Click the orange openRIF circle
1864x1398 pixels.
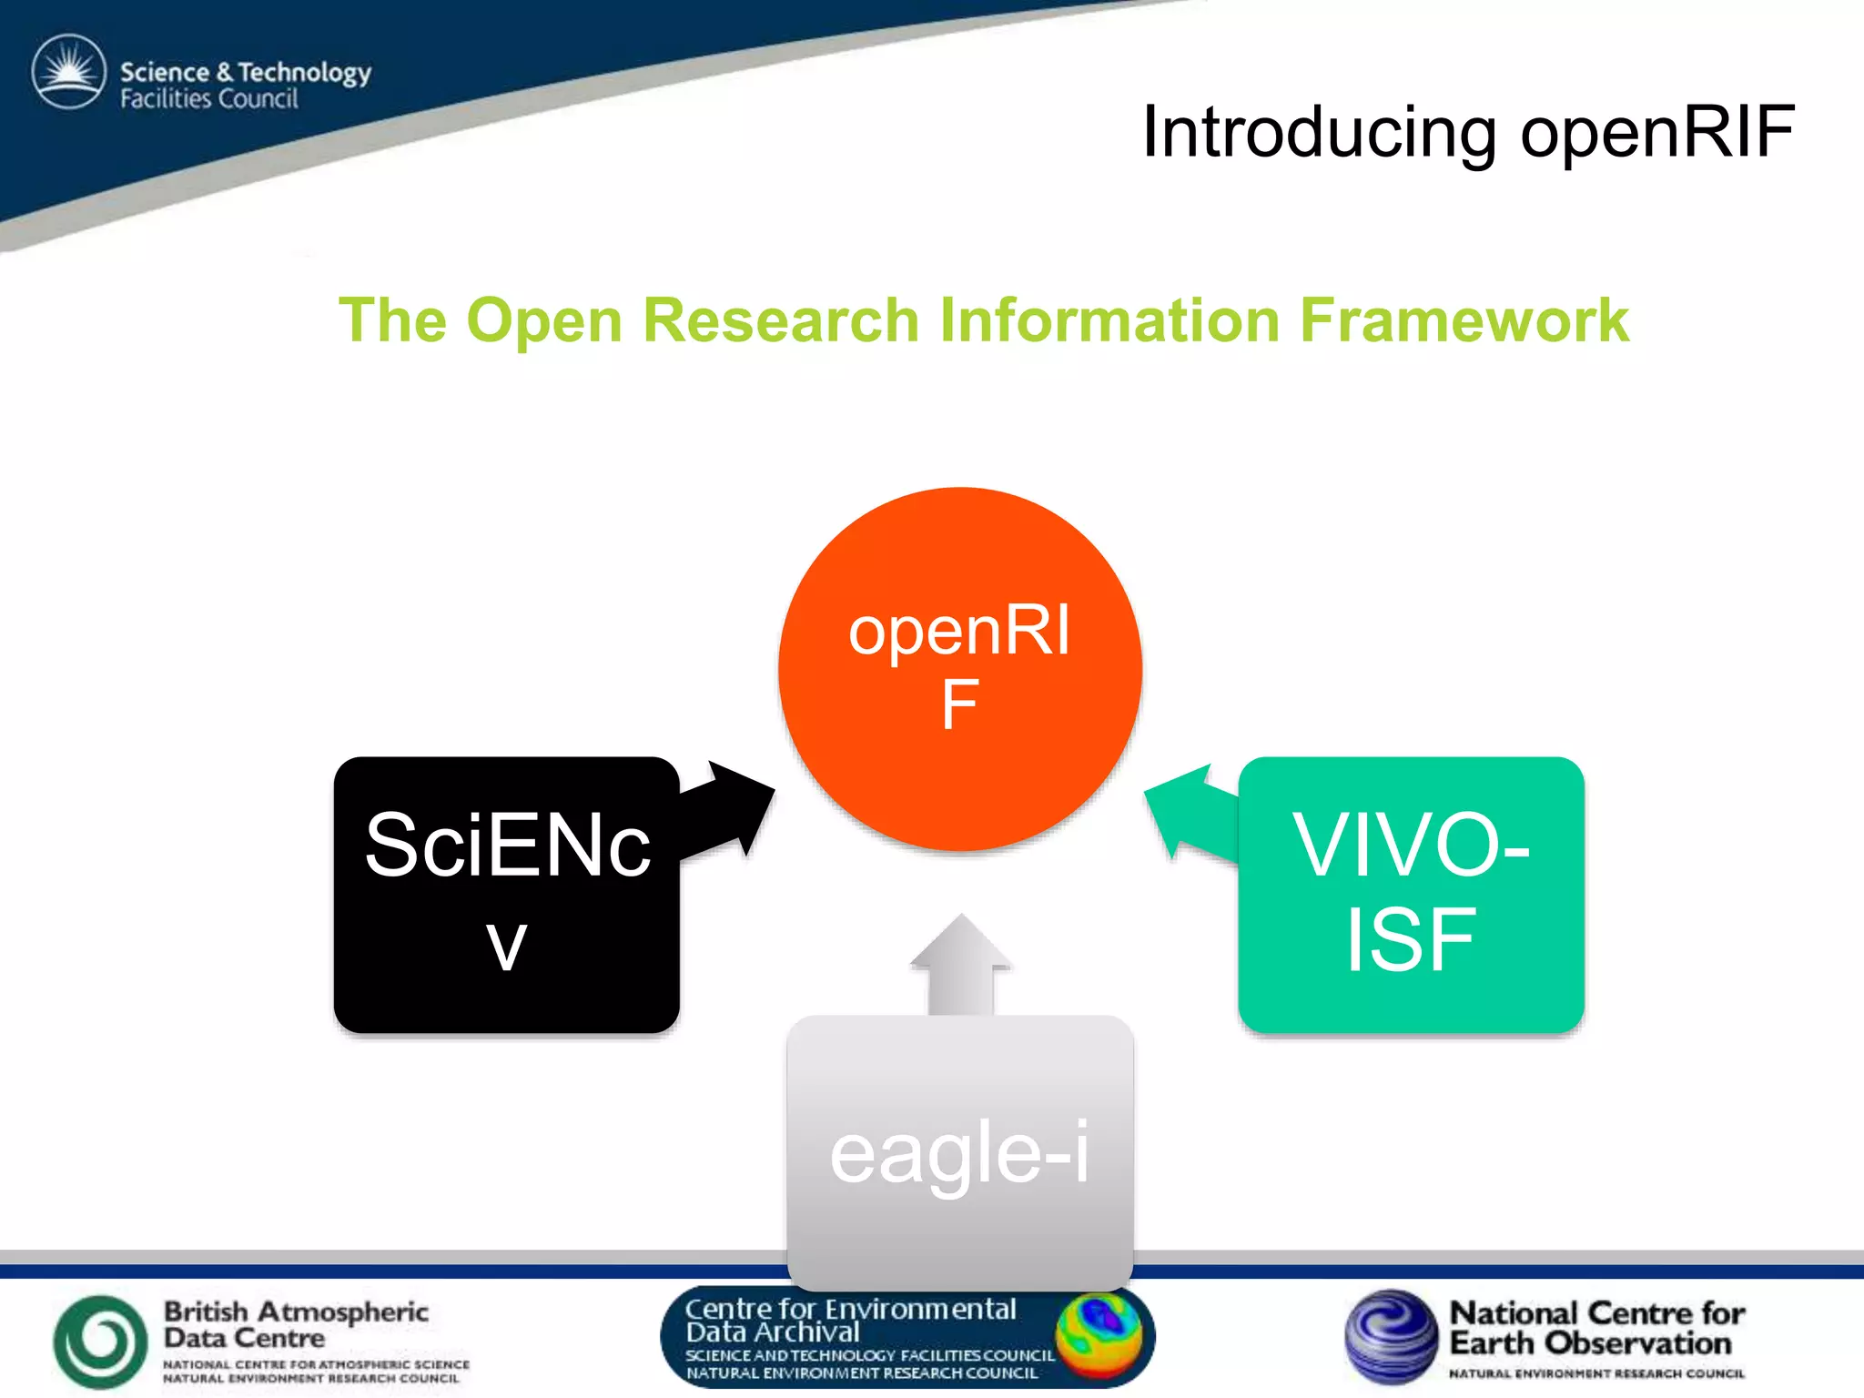click(x=959, y=669)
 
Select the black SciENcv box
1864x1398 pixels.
click(x=506, y=894)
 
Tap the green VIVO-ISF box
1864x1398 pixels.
click(x=1411, y=894)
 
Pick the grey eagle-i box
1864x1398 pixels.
click(x=959, y=1151)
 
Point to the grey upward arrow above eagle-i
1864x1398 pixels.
click(x=960, y=965)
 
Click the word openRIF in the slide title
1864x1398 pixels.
click(x=1656, y=132)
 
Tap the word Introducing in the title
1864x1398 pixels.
click(x=1319, y=132)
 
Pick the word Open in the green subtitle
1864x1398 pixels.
click(x=543, y=320)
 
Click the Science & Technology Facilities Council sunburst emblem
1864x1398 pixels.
click(x=69, y=71)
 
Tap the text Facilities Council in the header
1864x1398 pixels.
click(x=209, y=98)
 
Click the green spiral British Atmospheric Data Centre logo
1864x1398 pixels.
click(x=100, y=1340)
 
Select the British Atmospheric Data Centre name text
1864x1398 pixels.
click(x=295, y=1324)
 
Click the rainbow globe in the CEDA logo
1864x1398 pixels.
click(x=1099, y=1334)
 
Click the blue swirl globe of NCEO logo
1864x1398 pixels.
click(x=1391, y=1335)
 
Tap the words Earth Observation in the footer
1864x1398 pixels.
click(x=1589, y=1343)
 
